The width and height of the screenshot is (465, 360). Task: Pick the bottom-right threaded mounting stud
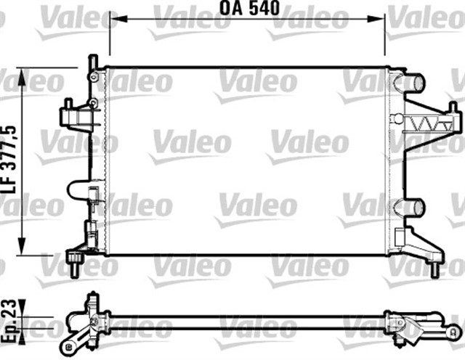click(x=434, y=268)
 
